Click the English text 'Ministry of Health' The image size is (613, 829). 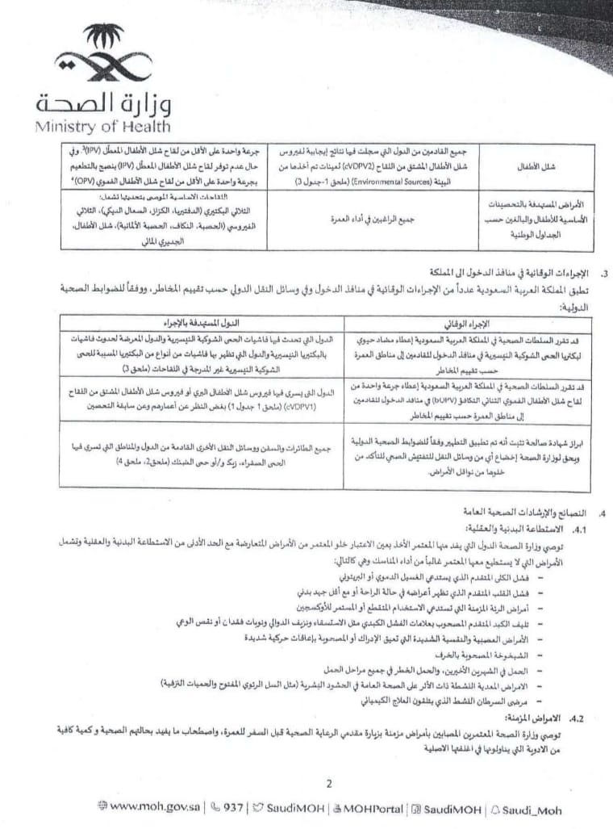[x=102, y=126]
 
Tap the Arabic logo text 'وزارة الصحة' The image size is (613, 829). [x=103, y=103]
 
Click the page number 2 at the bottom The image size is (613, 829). [x=328, y=782]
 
